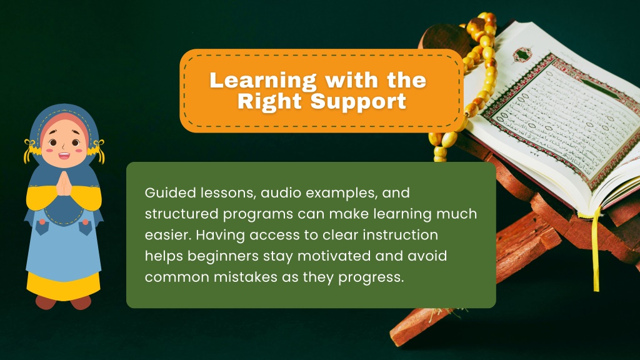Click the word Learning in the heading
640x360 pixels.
(263, 81)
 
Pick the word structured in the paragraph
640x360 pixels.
(182, 214)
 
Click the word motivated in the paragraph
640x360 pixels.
(334, 256)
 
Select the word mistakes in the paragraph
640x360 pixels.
(246, 277)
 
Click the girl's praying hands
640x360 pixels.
(64, 184)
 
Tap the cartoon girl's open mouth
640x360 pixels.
(64, 156)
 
